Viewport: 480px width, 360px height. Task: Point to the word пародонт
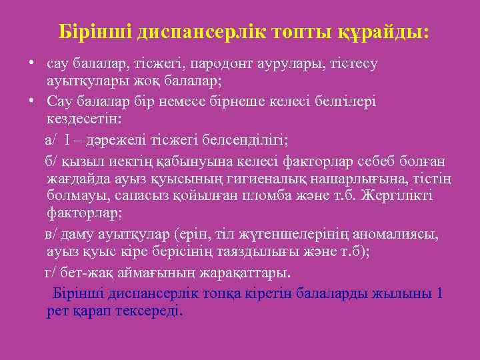[x=218, y=64]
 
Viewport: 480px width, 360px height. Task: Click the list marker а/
[x=51, y=140]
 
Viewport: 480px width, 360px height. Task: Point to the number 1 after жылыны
[x=438, y=293]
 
